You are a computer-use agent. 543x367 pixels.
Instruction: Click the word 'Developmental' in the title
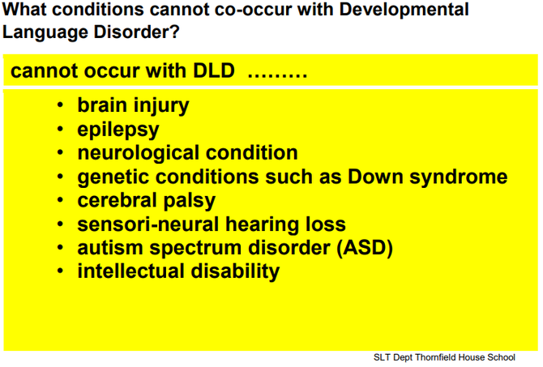pos(404,11)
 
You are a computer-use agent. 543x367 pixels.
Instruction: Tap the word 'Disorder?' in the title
pos(136,32)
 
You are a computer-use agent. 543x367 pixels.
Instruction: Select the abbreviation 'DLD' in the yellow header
pos(214,70)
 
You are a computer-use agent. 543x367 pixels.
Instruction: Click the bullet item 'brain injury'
pos(134,106)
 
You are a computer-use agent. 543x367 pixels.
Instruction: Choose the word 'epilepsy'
pos(118,130)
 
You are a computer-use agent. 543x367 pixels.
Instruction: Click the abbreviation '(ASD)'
pos(365,248)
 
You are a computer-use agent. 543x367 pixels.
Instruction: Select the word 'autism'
pos(110,248)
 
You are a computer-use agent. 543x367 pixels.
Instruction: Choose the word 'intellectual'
pos(131,271)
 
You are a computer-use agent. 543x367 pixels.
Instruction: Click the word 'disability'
pos(235,272)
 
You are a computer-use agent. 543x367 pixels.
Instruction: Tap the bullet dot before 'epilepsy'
pos(60,129)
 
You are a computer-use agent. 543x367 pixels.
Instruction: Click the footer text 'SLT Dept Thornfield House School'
pos(444,357)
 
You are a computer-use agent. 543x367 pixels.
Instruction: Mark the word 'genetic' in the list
pos(113,177)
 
